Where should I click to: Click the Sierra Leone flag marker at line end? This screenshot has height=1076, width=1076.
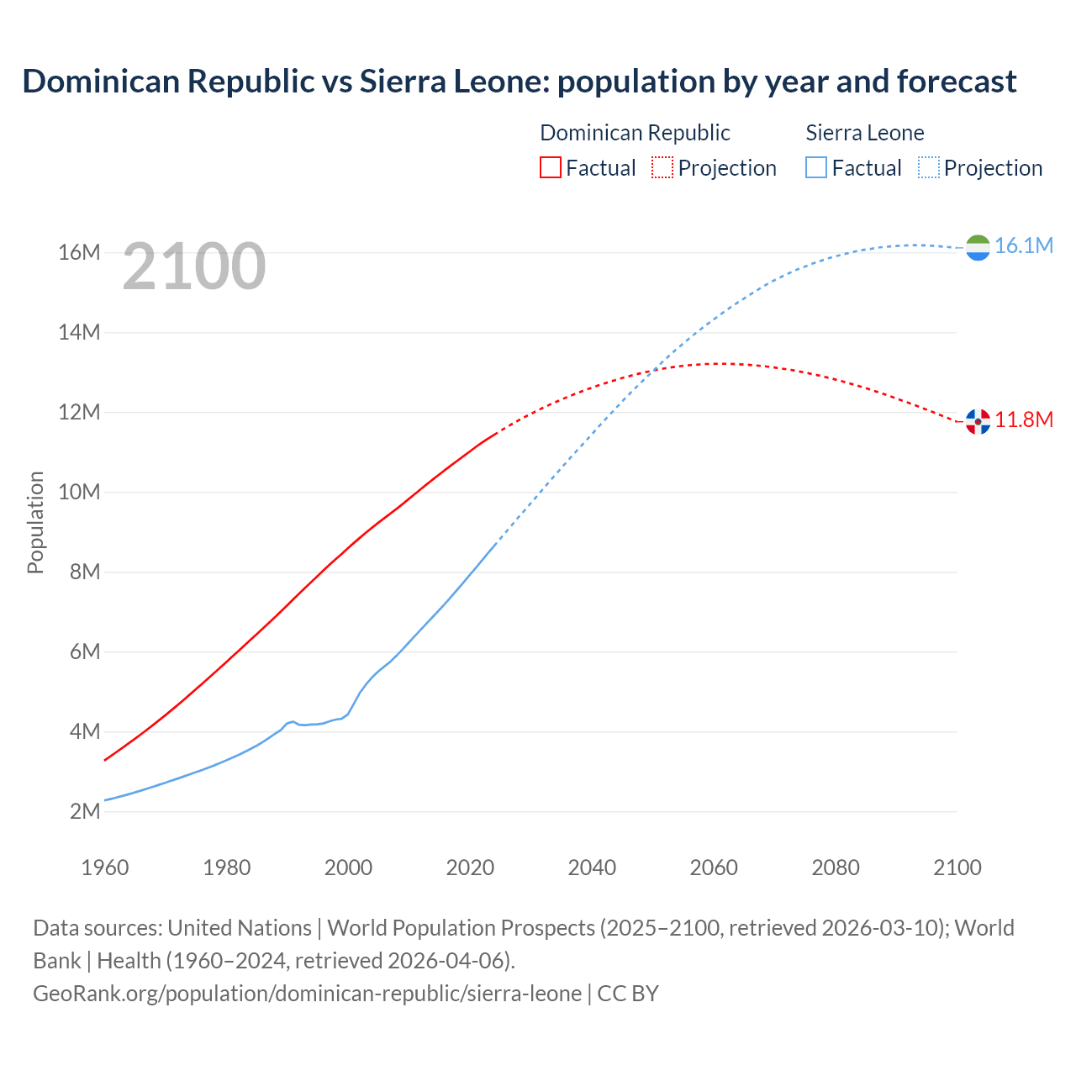tap(978, 247)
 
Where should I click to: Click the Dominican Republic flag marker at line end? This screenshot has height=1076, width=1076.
tap(978, 421)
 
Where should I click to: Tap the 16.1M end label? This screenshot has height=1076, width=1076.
tap(1023, 245)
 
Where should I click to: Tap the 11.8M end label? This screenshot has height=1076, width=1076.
tap(1023, 419)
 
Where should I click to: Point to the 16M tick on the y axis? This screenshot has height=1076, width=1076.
tap(79, 252)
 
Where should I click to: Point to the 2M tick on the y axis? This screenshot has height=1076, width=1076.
tap(85, 811)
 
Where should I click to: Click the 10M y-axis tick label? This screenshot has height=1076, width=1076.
tap(79, 492)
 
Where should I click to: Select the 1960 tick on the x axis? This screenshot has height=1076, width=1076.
tap(105, 868)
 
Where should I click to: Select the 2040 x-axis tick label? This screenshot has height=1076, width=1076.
tap(592, 868)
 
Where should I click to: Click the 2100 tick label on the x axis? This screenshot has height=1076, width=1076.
tap(957, 868)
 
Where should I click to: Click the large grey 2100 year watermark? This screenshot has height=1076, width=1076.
tap(194, 266)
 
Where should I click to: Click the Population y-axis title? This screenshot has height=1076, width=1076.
tap(35, 522)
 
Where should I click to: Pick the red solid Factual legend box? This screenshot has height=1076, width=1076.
tap(550, 167)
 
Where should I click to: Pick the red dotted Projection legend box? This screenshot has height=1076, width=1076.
tap(662, 167)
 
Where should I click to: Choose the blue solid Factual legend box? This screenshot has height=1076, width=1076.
tap(815, 167)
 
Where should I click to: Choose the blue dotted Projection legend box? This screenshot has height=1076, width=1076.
tap(928, 167)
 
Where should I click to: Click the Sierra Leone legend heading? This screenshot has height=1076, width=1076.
tap(864, 133)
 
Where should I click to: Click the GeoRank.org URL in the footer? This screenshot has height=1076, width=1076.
tap(307, 994)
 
